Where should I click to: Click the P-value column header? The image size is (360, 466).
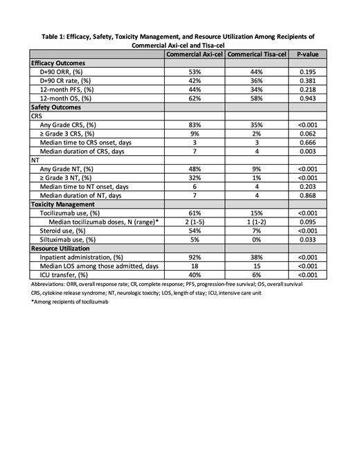(x=308, y=53)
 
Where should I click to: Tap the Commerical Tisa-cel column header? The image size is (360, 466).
(x=257, y=53)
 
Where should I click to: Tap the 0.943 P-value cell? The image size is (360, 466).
(x=308, y=98)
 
